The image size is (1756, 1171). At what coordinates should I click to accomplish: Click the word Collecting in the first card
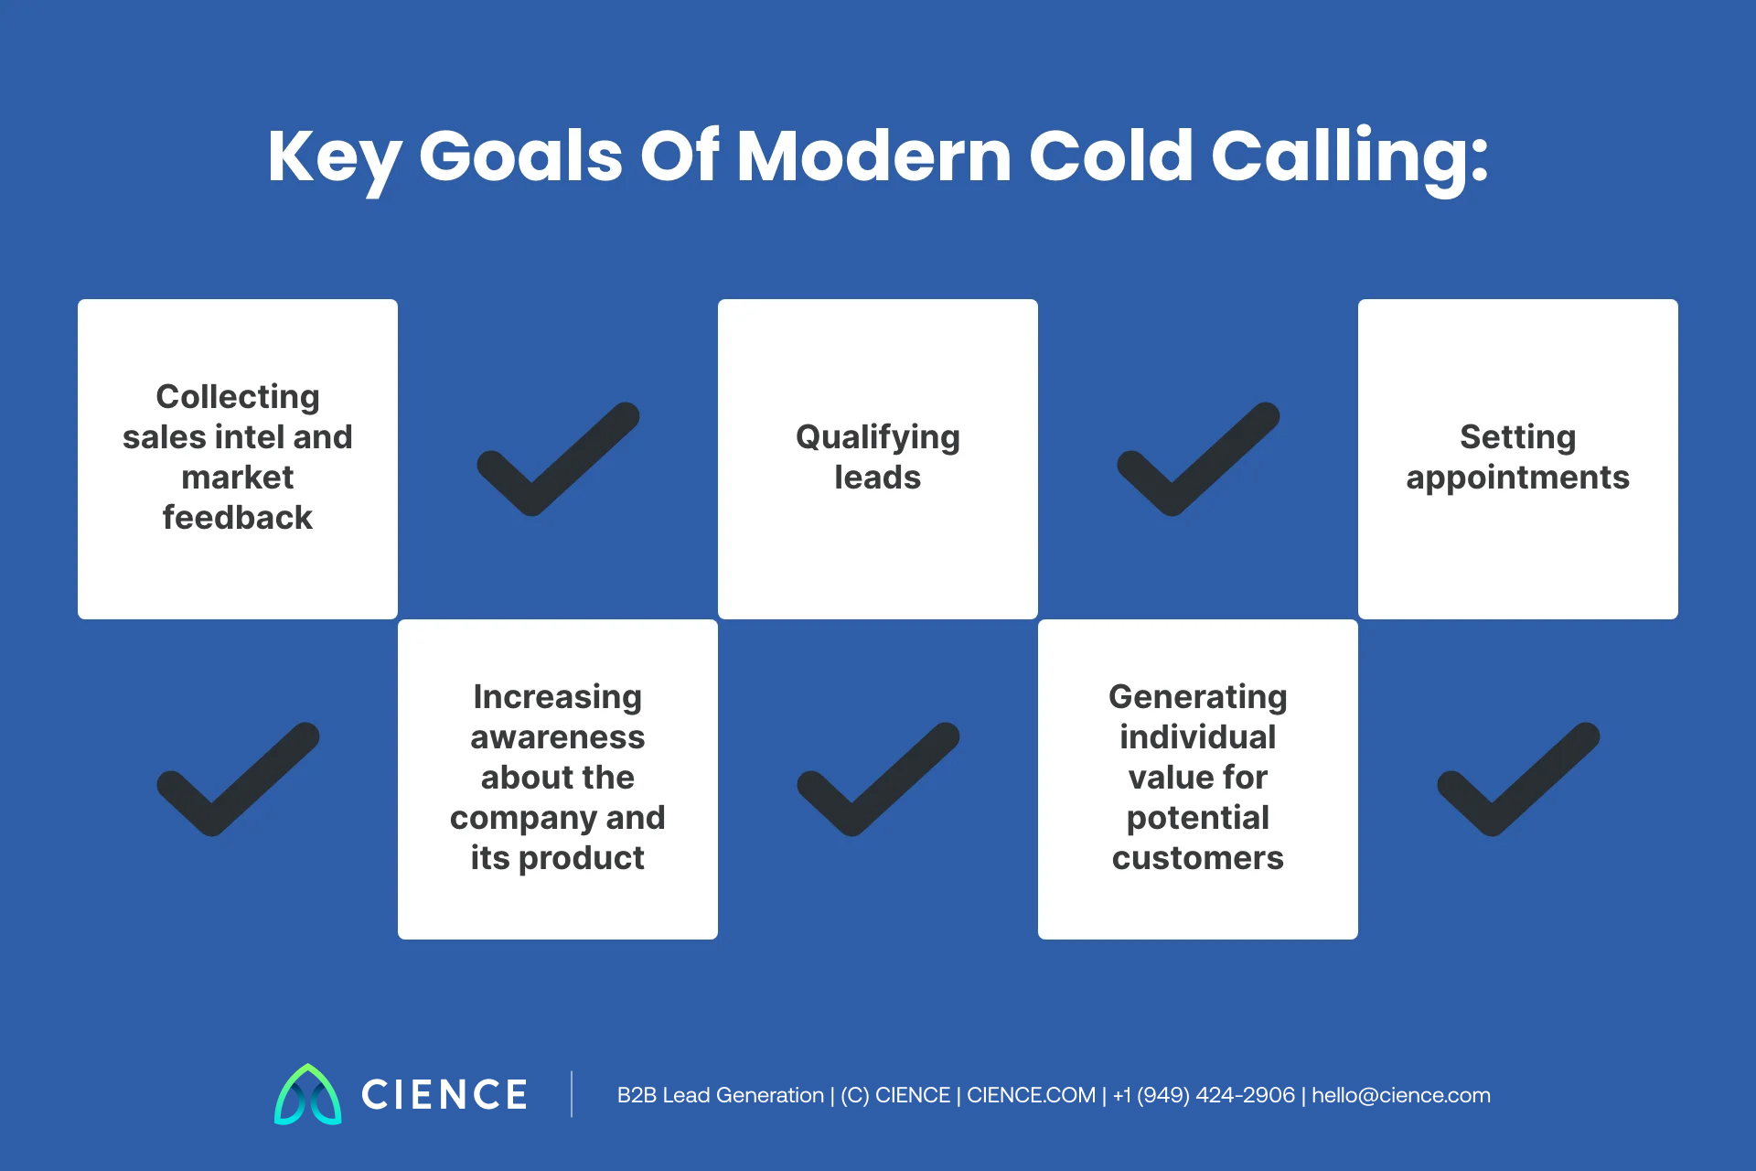(x=238, y=397)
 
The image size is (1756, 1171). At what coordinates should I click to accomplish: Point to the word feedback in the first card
(x=238, y=518)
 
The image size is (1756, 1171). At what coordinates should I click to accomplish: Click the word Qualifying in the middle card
(x=878, y=437)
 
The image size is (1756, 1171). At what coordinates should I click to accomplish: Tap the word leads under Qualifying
(x=878, y=478)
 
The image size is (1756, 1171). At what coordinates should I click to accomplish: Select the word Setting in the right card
(x=1518, y=437)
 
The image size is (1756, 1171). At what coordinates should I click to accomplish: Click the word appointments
(x=1518, y=478)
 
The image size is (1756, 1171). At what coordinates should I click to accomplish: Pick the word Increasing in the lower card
(x=558, y=697)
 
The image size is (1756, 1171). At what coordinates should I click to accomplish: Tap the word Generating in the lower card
(x=1198, y=697)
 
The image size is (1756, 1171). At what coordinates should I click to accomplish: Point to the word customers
(x=1198, y=858)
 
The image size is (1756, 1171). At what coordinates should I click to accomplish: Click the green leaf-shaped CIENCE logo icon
(x=308, y=1095)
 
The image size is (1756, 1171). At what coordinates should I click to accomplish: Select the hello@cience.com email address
(x=1401, y=1095)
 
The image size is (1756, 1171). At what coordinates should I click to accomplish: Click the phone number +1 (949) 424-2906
(x=1204, y=1095)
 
